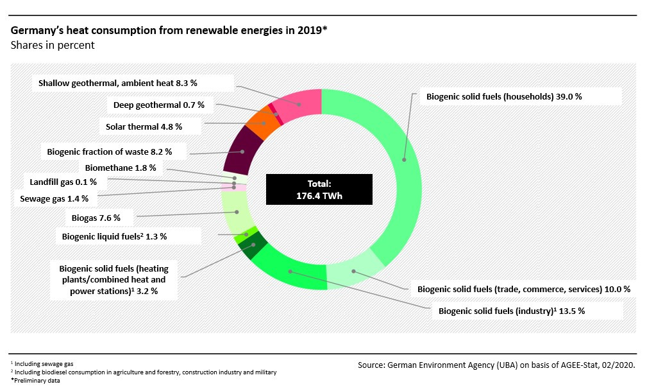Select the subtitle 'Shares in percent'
tap(53, 46)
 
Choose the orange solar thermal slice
tap(262, 125)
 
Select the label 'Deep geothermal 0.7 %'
tap(158, 105)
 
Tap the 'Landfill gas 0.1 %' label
tap(63, 182)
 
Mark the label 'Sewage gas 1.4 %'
tap(58, 198)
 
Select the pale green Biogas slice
tap(236, 213)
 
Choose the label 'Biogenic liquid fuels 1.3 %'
tap(114, 236)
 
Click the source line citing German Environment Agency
tap(496, 365)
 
